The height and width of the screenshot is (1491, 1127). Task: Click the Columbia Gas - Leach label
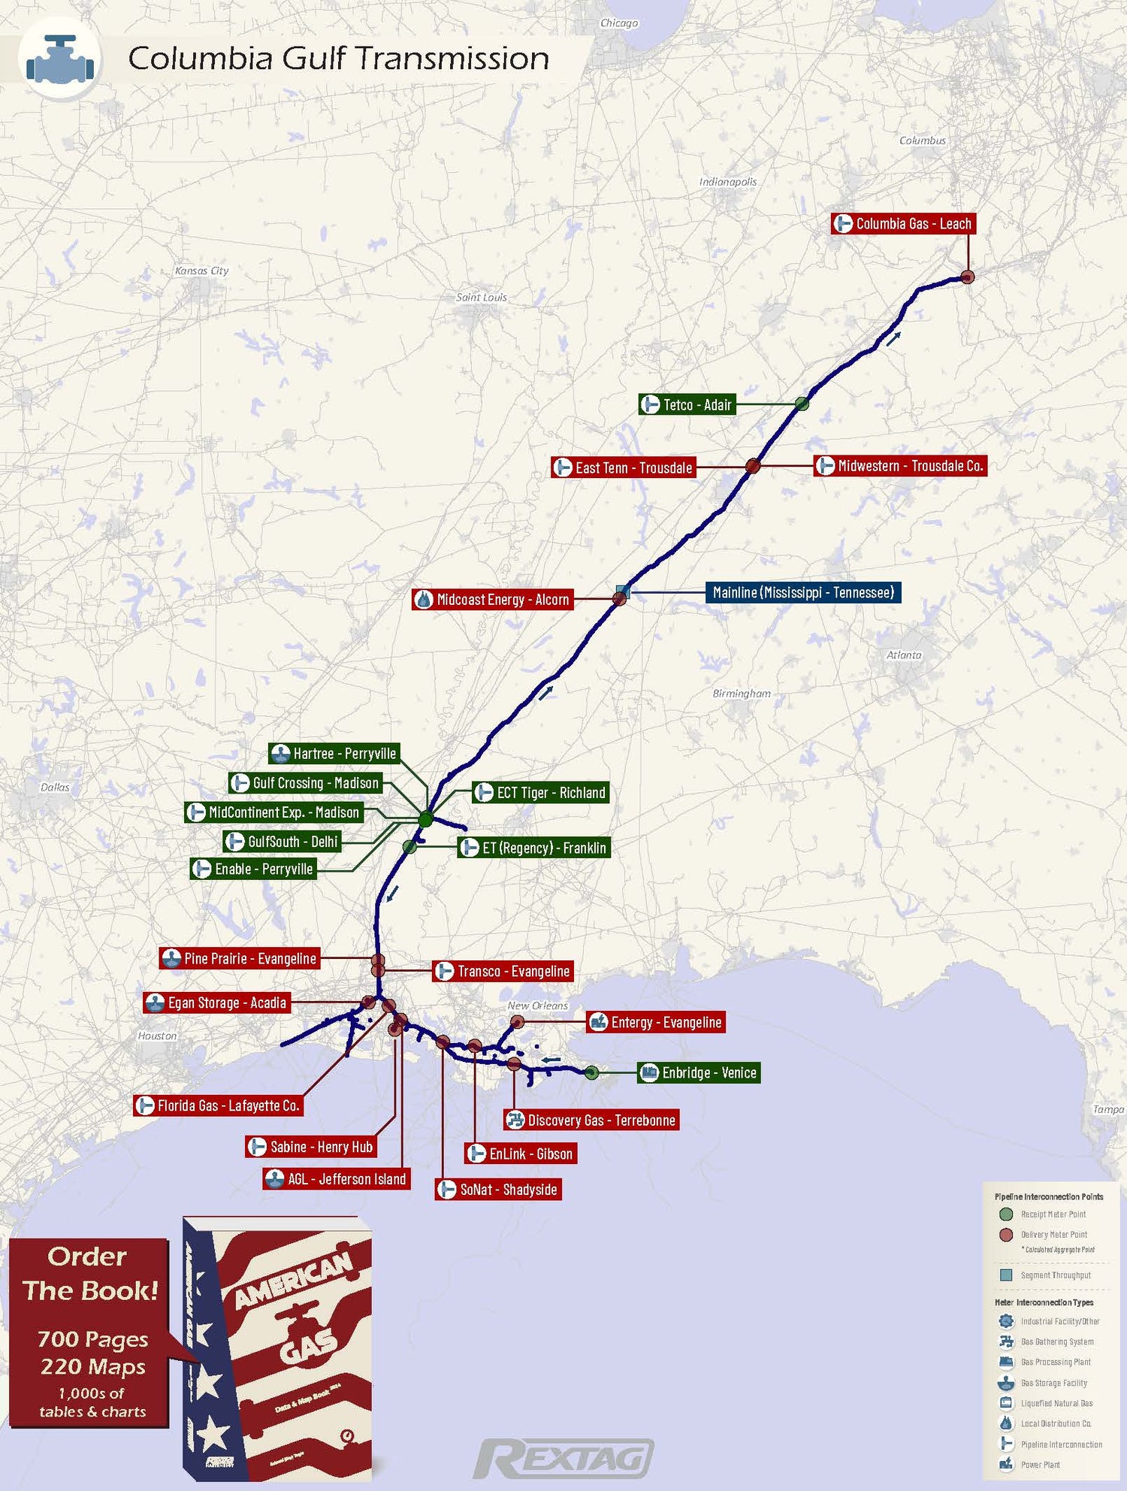(903, 224)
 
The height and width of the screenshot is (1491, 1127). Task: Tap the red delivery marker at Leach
(968, 277)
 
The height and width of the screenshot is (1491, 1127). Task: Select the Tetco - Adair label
(687, 405)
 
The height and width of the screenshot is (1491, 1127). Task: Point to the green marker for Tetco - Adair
(802, 404)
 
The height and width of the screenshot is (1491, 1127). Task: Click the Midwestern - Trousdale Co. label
(900, 466)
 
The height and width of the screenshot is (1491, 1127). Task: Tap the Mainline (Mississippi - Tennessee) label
(802, 592)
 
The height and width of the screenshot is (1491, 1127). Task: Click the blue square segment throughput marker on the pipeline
(623, 591)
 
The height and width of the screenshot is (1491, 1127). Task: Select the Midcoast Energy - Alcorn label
(493, 600)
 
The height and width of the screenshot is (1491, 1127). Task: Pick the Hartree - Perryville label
(334, 754)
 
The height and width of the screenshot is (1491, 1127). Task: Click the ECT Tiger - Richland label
(541, 793)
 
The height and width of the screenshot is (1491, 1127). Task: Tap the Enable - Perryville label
(254, 869)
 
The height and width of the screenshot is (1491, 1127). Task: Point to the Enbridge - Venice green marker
(592, 1072)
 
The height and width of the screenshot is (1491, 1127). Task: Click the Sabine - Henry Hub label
(312, 1147)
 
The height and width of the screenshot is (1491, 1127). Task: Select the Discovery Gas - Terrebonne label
(591, 1121)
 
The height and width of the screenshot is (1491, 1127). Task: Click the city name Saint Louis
(482, 298)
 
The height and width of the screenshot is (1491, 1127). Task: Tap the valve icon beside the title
(59, 59)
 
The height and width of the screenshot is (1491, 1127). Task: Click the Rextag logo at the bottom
(563, 1459)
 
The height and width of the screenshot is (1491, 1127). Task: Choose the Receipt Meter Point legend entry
(1053, 1214)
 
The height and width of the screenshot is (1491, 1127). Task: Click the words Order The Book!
(89, 1273)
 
